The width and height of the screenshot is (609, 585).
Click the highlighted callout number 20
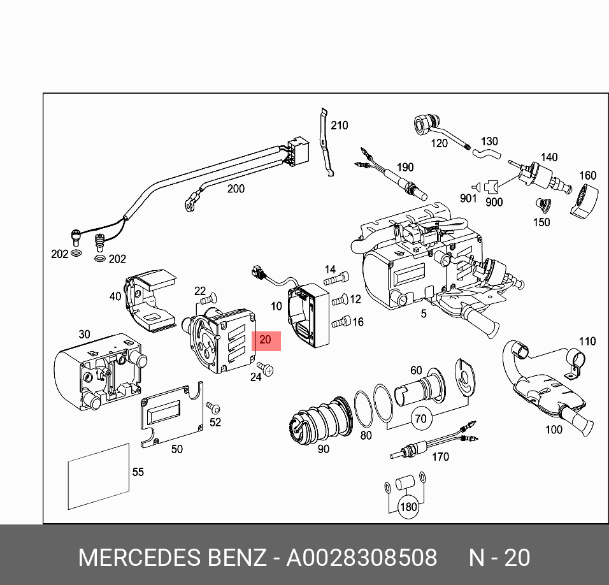pos(266,341)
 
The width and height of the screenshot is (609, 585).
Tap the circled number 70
pos(420,419)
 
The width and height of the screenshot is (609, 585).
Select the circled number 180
pos(408,507)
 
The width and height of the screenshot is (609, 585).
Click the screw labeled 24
pos(268,370)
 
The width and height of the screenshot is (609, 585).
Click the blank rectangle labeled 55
pos(99,477)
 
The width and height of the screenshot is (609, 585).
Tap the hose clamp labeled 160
pos(584,201)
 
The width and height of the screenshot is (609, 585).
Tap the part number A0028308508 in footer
pos(362,558)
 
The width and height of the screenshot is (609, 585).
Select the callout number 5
pos(422,314)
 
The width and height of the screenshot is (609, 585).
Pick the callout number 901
pos(468,198)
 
